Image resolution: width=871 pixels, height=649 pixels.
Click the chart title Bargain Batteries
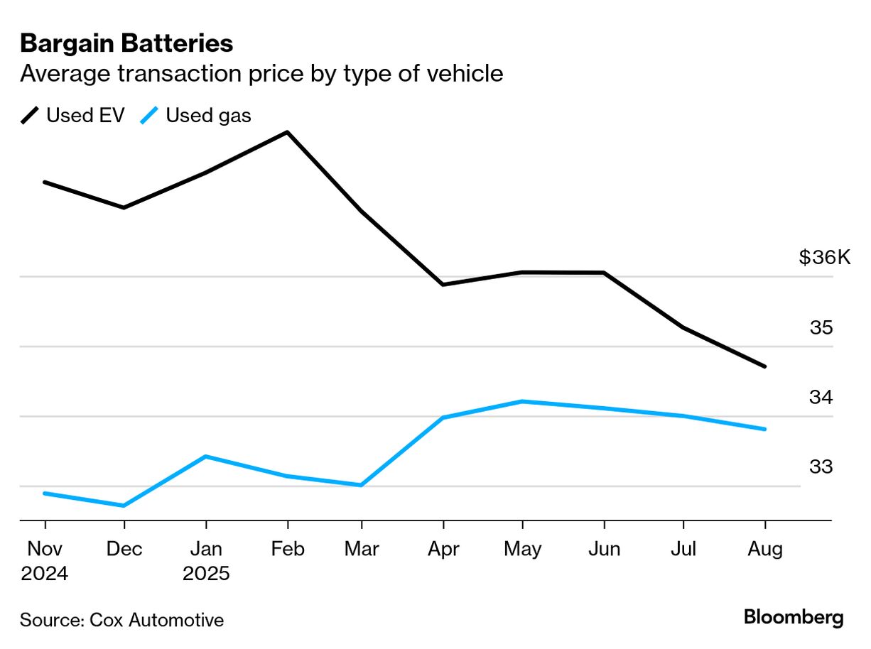tap(126, 44)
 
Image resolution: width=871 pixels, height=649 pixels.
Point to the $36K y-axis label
tap(824, 257)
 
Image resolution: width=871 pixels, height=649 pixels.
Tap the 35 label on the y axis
tap(821, 328)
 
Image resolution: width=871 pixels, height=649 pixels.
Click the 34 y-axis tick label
tap(821, 398)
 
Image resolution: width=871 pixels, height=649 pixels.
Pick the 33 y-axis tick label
tap(821, 467)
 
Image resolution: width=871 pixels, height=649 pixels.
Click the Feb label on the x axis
tap(287, 550)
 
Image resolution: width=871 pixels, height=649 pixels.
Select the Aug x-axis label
tap(765, 550)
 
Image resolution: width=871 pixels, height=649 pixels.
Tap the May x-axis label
tap(522, 550)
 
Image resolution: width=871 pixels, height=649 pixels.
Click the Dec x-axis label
tap(124, 550)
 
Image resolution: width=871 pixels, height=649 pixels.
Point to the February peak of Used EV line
tap(287, 132)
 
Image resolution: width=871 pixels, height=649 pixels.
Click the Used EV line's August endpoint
tap(765, 366)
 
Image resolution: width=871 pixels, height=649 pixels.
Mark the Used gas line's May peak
tap(522, 401)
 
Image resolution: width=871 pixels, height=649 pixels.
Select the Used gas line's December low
tap(124, 506)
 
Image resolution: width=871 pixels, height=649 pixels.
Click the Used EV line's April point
tap(443, 285)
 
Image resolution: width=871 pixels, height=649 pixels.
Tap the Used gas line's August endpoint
tap(765, 429)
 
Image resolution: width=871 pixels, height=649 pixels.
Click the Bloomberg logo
tap(794, 617)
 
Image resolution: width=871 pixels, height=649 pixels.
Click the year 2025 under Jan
tap(206, 574)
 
